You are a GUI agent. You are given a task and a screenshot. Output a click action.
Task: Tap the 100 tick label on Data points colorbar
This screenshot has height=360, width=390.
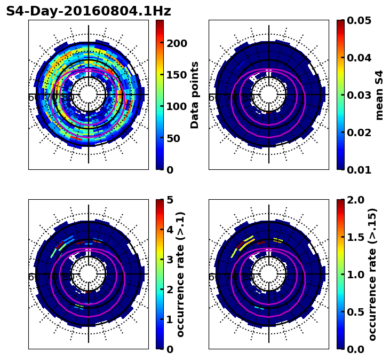177,106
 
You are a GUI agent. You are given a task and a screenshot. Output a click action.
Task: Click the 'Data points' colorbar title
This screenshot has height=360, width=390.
195,95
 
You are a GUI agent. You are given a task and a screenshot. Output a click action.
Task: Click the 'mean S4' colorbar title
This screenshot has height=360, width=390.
379,95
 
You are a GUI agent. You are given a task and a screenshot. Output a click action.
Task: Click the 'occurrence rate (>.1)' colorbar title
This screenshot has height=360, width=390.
180,275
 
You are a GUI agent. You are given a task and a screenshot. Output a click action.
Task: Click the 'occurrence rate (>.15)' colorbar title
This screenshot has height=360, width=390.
372,275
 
